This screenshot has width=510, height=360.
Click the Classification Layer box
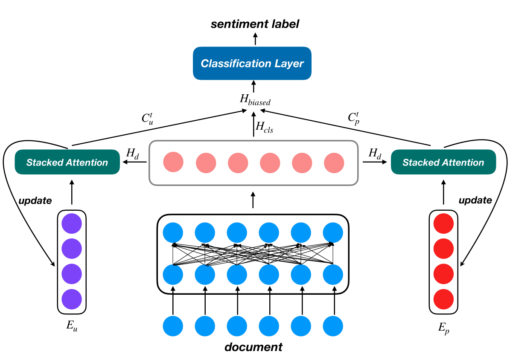click(252, 64)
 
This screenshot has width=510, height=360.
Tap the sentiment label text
click(255, 24)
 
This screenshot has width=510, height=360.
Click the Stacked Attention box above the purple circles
click(67, 162)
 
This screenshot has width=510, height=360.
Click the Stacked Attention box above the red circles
click(443, 162)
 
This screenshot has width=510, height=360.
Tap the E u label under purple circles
click(71, 326)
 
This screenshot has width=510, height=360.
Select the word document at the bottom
click(254, 347)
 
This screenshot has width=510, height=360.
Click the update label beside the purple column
click(35, 200)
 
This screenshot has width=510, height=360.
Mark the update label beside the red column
click(475, 200)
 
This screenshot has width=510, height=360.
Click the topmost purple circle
click(71, 223)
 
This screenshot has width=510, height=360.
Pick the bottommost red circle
click(443, 299)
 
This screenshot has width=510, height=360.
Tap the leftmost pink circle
click(173, 163)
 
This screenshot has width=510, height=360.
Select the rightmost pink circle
click(334, 163)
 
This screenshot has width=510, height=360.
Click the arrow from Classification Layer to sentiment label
click(255, 40)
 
